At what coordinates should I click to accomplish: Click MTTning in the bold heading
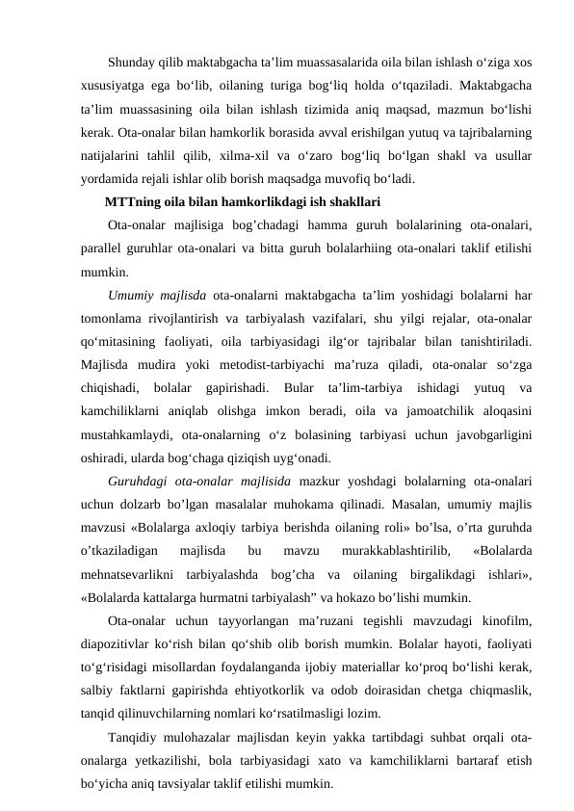(x=131, y=202)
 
